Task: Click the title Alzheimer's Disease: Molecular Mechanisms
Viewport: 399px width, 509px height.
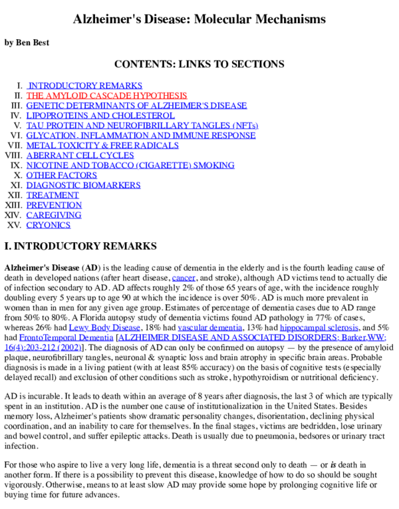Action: click(199, 19)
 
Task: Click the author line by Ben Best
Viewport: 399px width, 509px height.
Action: click(27, 43)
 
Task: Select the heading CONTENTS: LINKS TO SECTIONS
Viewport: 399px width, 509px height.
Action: click(199, 65)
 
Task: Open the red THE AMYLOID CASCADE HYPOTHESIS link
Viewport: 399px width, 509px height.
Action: click(106, 96)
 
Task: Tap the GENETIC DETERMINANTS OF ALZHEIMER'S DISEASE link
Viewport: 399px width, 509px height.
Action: click(136, 106)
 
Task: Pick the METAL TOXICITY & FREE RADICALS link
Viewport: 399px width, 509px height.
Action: click(102, 145)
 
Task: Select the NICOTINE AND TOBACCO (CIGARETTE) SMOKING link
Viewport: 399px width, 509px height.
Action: click(130, 165)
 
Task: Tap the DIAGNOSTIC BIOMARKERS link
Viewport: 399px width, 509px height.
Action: click(79, 185)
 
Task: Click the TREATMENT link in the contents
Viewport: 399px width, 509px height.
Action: click(53, 195)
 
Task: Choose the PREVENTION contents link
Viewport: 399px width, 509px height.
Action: click(54, 205)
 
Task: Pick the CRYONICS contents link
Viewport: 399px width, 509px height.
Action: click(49, 225)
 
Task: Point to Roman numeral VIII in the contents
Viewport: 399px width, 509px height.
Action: click(13, 155)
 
